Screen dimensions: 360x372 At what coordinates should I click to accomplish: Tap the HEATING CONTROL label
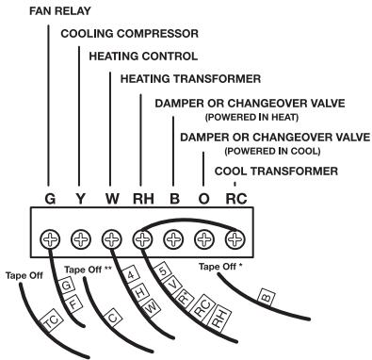(143, 57)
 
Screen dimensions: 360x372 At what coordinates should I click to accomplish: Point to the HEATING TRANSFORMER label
(191, 79)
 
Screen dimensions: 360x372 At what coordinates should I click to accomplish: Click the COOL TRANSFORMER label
(276, 171)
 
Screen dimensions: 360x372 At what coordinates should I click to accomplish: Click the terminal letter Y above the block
(81, 199)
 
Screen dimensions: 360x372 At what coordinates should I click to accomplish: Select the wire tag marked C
(113, 318)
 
